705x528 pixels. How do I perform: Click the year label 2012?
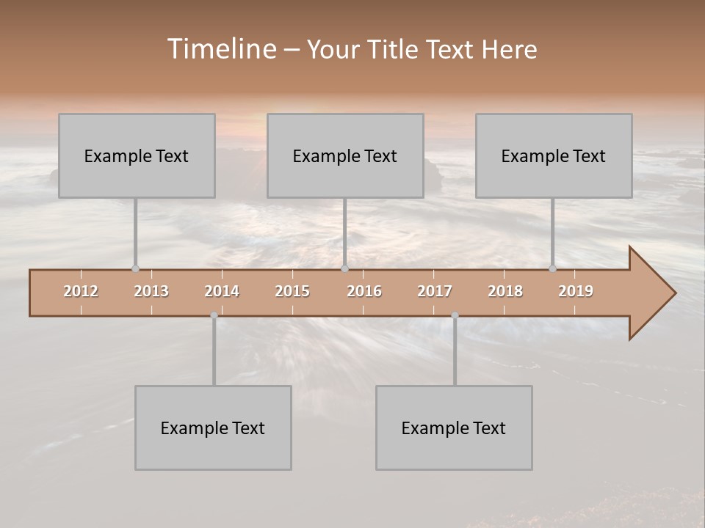81,291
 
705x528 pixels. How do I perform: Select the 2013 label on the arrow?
151,291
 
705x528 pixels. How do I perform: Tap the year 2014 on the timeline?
222,291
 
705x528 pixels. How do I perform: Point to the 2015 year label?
292,291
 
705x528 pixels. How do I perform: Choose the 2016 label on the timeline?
364,291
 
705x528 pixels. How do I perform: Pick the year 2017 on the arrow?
435,291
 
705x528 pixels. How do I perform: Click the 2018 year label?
505,291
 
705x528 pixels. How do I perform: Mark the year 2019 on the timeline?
576,291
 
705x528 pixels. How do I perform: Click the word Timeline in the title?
221,49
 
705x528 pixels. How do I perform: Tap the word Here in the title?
509,50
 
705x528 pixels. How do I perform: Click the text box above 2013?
137,155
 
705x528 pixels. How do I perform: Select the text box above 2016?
345,155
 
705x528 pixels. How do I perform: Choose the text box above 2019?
554,155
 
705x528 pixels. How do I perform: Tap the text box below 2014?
213,428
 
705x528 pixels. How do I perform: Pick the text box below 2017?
454,428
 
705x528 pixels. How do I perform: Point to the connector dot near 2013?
135,268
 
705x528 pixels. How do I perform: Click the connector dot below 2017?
455,315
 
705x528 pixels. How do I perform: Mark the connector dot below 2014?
214,315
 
